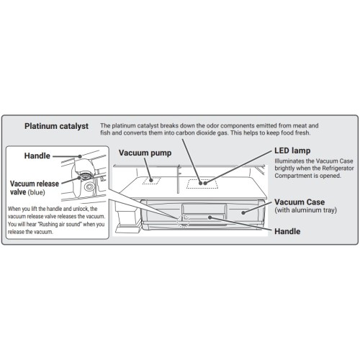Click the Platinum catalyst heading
click(56, 126)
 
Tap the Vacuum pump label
click(145, 153)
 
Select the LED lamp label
click(292, 150)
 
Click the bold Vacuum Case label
click(300, 202)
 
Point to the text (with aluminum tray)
click(305, 210)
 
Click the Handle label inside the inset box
click(37, 156)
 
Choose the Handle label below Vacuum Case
click(287, 231)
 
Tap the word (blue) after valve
click(37, 192)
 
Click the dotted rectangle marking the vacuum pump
click(151, 181)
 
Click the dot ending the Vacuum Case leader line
click(243, 212)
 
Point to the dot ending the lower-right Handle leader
click(210, 217)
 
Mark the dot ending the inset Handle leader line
click(80, 156)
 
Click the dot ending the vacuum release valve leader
click(79, 178)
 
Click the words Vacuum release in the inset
click(35, 184)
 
